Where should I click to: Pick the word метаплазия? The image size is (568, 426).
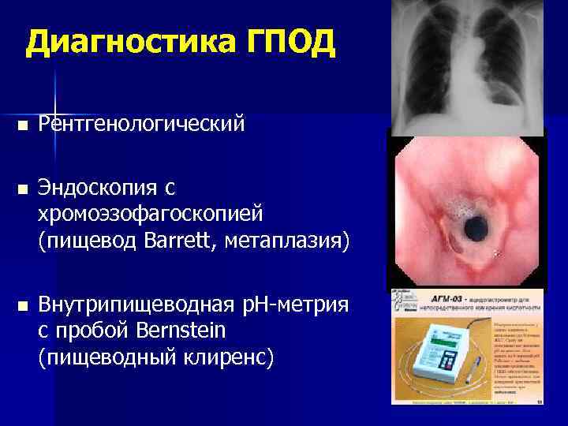click(301, 237)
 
